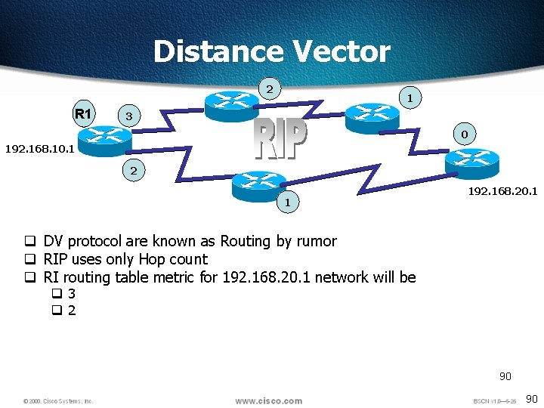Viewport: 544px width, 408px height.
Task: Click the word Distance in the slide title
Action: coord(218,51)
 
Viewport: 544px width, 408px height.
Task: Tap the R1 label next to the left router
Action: coord(83,115)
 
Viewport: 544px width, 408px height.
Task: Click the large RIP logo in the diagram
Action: coord(280,140)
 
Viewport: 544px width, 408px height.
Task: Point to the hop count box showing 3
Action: coord(129,117)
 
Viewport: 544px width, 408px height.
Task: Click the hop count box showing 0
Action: coord(465,134)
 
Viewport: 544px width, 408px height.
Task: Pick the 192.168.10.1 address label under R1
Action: coord(39,149)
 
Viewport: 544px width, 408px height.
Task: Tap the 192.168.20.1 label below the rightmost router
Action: coord(502,191)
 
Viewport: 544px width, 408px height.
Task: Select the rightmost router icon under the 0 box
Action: coord(471,161)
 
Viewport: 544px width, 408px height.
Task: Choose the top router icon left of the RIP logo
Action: coord(231,104)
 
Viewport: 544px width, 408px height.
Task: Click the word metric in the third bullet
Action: coord(175,277)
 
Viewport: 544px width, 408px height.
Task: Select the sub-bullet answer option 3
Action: coord(71,294)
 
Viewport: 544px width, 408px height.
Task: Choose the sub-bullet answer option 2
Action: coord(71,311)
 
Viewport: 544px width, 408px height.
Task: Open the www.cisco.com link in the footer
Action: coord(268,400)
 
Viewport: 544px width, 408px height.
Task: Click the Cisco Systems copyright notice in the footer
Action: coord(57,401)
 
